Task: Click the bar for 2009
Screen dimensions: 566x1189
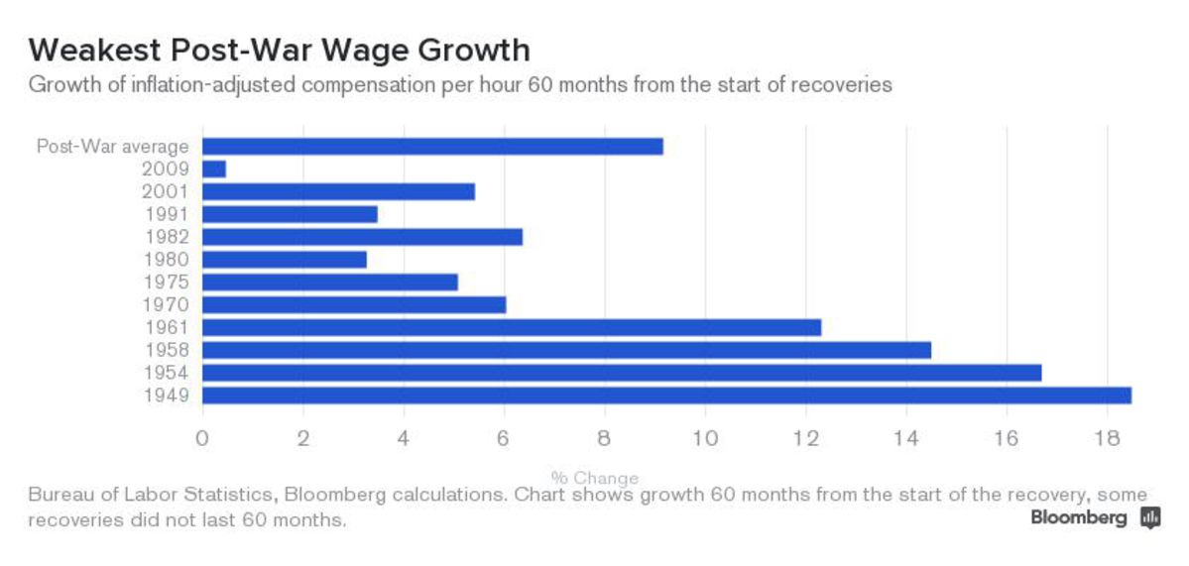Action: click(x=214, y=169)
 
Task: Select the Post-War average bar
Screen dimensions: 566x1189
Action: click(x=432, y=146)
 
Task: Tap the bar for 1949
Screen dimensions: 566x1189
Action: click(x=666, y=396)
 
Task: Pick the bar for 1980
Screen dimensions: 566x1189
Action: click(x=285, y=259)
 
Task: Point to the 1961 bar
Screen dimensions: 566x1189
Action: click(x=512, y=327)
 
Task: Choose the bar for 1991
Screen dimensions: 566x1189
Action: click(x=290, y=214)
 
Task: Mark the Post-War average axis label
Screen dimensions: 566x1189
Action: click(x=112, y=147)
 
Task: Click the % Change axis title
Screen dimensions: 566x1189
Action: click(x=594, y=478)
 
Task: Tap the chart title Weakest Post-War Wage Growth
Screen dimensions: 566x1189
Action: click(x=279, y=50)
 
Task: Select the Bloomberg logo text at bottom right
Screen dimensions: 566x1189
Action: click(x=1079, y=517)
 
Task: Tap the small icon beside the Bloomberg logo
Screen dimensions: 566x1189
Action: click(x=1150, y=517)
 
